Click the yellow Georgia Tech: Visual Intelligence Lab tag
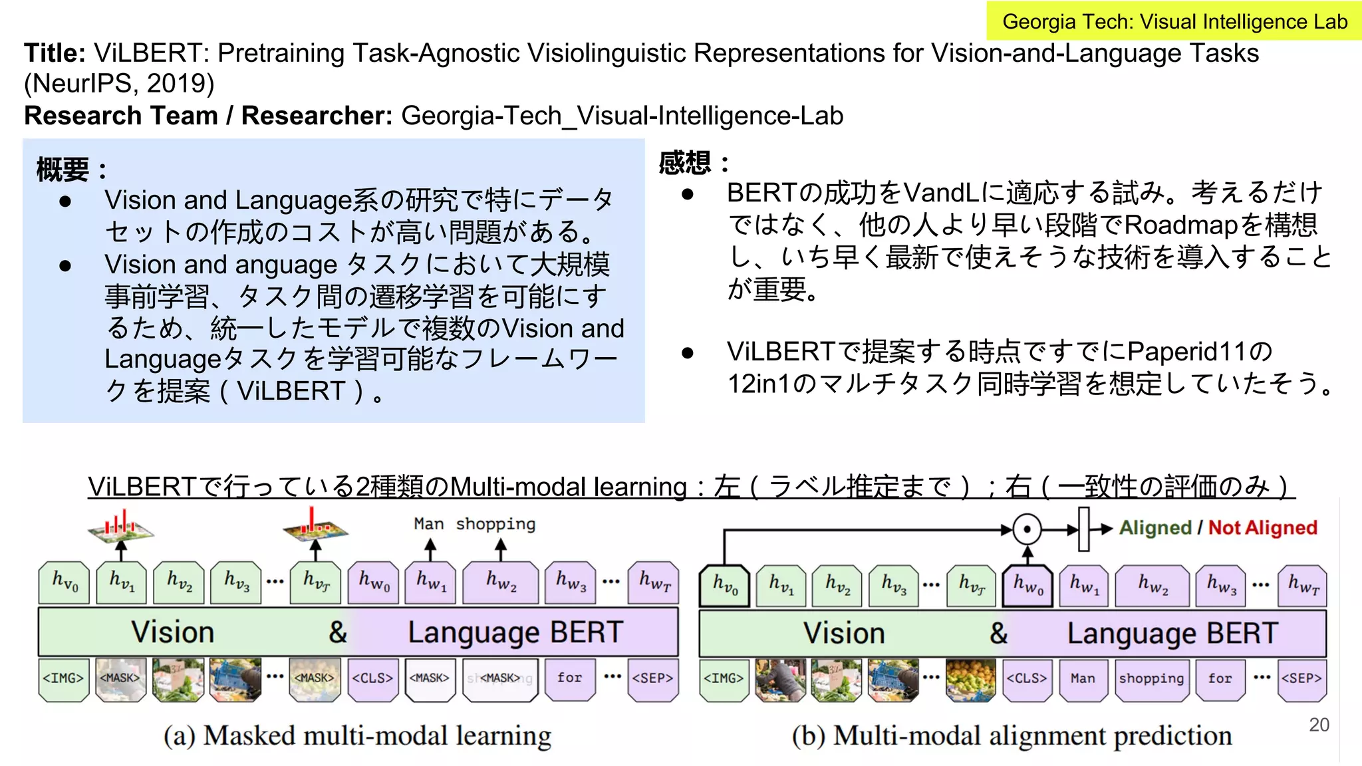[x=1174, y=21]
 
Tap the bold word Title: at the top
[x=55, y=53]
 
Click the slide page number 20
[x=1319, y=725]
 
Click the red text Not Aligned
[x=1262, y=528]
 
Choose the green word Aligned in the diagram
[x=1155, y=528]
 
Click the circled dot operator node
[x=1027, y=530]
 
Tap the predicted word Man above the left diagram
[x=428, y=524]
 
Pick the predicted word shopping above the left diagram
[x=495, y=524]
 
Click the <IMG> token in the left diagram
[x=63, y=679]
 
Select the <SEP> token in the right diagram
[x=1301, y=679]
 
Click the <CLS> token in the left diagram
[x=372, y=679]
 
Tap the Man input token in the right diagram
[x=1083, y=679]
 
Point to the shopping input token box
[x=1151, y=679]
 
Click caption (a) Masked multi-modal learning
[x=357, y=736]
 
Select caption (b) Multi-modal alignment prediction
[x=1012, y=736]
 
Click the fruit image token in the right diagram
[x=970, y=679]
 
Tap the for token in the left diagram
[x=569, y=679]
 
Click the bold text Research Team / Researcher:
[x=208, y=116]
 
